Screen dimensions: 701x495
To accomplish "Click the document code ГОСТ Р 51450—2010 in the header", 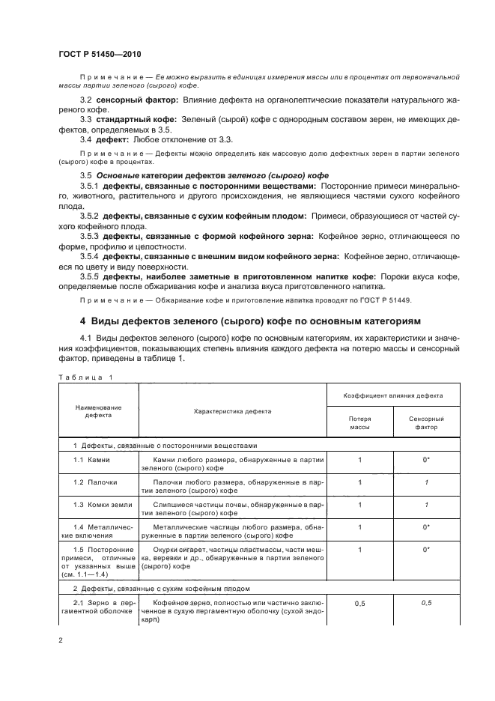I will coord(100,55).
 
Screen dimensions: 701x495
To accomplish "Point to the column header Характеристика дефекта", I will coord(233,411).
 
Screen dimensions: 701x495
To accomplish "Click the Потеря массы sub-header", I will coord(359,423).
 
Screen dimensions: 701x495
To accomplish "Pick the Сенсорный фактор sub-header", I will coord(426,423).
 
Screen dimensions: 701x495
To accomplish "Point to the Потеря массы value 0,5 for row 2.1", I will coord(359,601).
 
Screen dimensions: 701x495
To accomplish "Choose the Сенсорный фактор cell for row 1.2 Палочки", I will coord(426,482).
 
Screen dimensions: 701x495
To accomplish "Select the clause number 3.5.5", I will coord(91,276).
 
